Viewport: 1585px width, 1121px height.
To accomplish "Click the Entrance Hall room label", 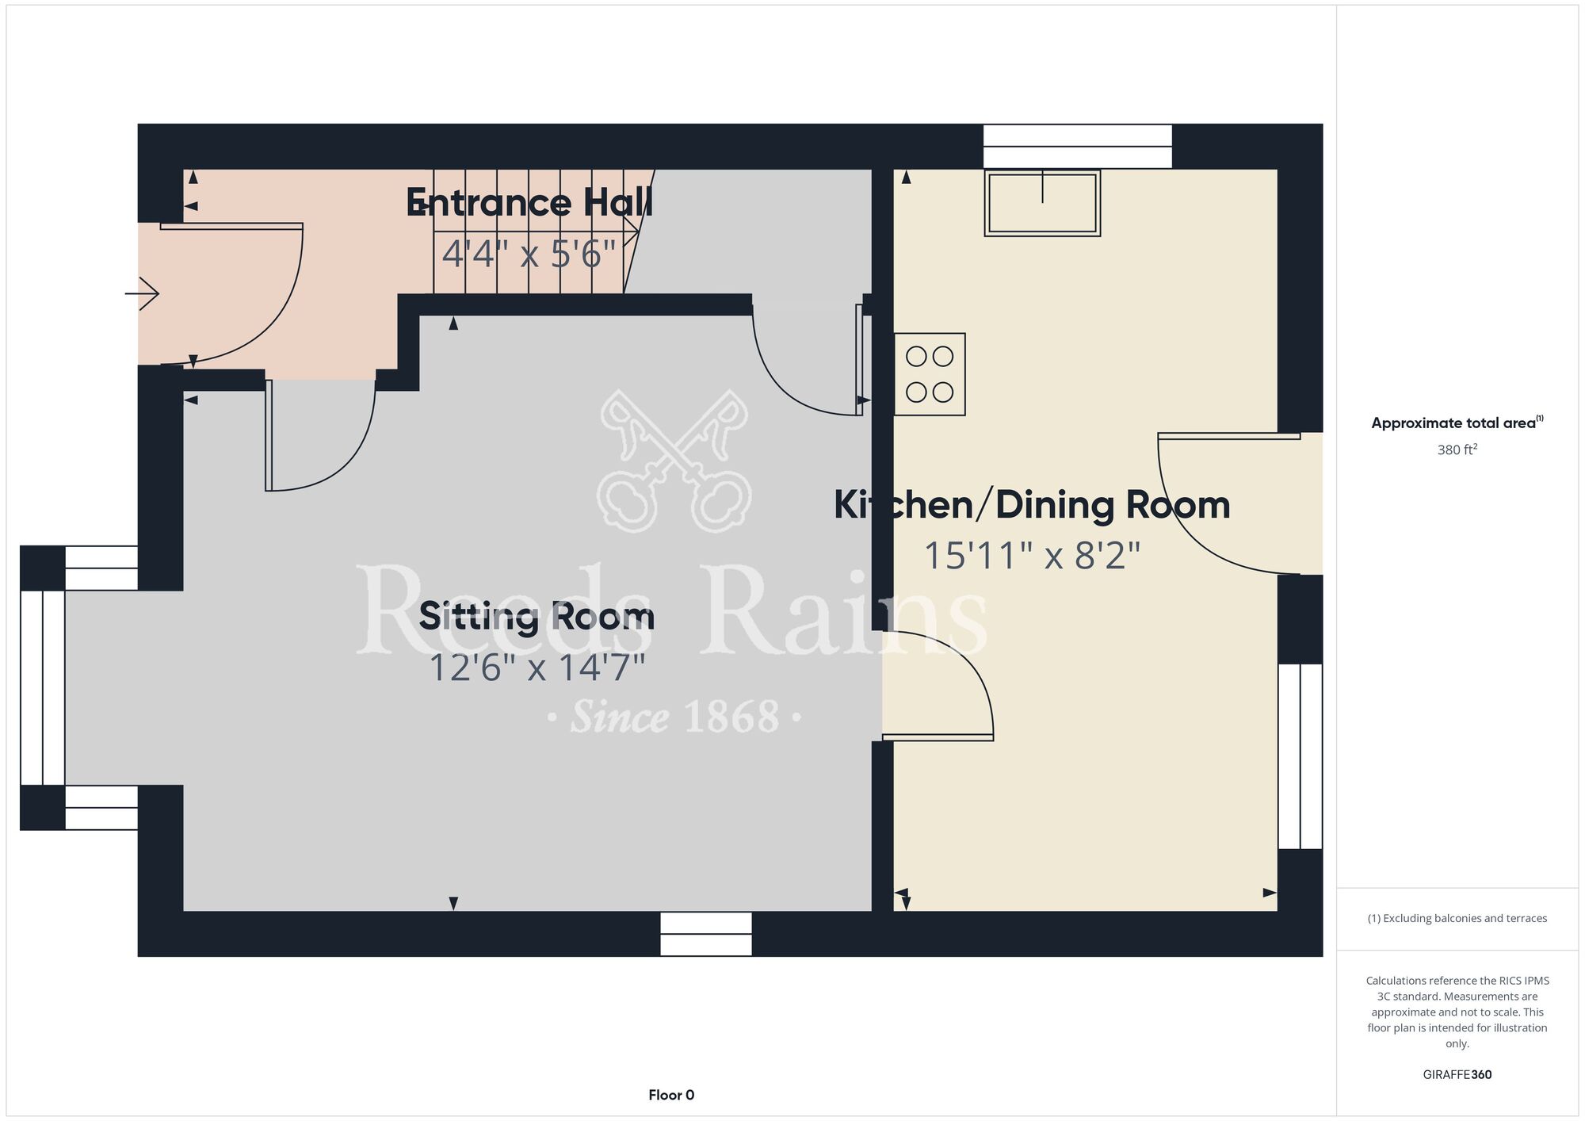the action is click(x=529, y=203).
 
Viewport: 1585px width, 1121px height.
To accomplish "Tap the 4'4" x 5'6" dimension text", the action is click(x=529, y=254).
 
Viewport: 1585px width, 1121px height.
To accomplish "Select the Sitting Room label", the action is click(x=537, y=617).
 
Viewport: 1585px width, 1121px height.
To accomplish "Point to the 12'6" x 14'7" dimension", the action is click(x=537, y=668).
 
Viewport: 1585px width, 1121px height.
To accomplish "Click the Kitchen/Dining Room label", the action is click(x=1032, y=505).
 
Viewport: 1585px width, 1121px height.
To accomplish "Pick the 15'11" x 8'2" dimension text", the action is click(x=1032, y=556).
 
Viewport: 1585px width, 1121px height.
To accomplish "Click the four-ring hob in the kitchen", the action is click(x=930, y=374).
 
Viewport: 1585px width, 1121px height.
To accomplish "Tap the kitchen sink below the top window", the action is click(x=1042, y=203).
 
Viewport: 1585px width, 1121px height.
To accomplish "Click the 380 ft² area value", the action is click(x=1457, y=450).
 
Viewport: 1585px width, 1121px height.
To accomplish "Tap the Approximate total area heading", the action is click(x=1457, y=423).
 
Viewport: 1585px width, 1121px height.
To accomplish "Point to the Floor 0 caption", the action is click(x=671, y=1095).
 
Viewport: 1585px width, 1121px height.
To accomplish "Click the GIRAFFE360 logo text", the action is click(x=1457, y=1075).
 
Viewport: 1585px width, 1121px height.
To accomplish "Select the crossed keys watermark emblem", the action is click(x=674, y=461).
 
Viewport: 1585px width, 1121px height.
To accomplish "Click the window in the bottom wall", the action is click(x=706, y=934).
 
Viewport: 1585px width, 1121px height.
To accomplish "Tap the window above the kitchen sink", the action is click(x=1078, y=147).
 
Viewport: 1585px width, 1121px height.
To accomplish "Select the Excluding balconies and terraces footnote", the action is click(x=1457, y=918).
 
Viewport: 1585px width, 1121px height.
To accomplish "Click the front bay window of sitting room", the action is click(x=43, y=688).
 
